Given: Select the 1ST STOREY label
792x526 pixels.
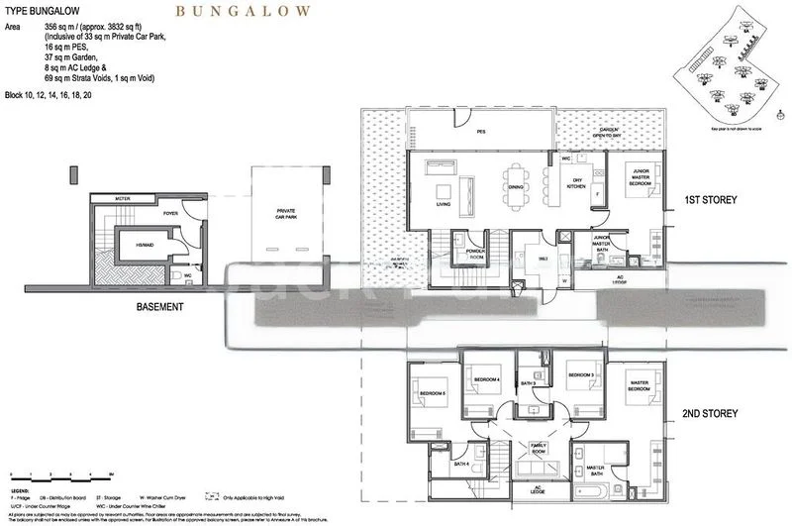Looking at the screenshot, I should [x=711, y=201].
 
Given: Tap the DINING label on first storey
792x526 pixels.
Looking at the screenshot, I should [x=516, y=186].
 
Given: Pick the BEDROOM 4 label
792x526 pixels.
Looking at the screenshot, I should [x=485, y=379].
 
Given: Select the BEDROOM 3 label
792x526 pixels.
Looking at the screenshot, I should [x=580, y=376].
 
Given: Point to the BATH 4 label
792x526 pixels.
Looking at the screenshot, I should [x=460, y=463].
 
